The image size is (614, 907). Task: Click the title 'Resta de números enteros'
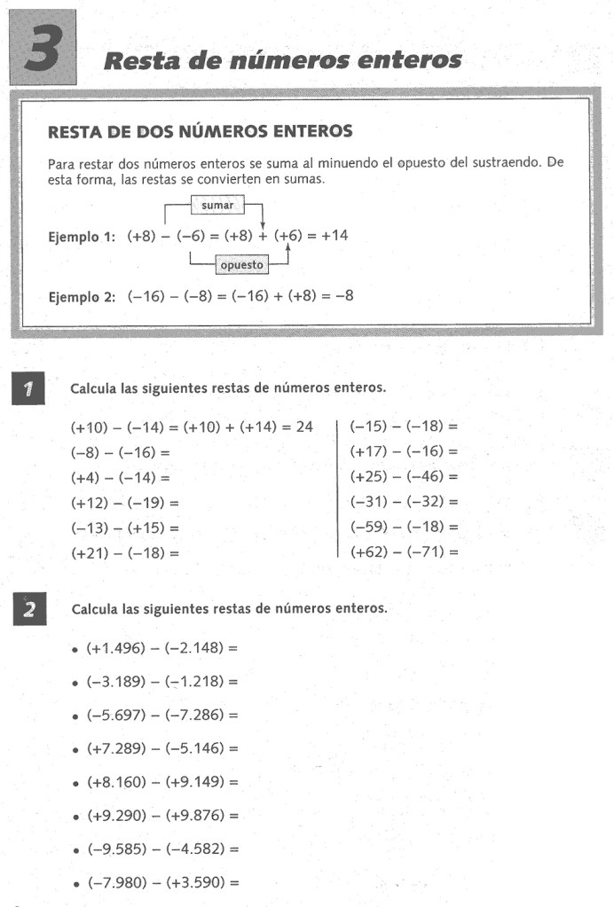click(x=283, y=60)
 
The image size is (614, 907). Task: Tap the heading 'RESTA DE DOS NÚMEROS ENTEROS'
click(x=200, y=132)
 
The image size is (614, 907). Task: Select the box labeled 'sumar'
click(x=217, y=205)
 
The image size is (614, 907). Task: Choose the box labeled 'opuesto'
click(x=241, y=264)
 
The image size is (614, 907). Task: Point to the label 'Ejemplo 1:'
click(x=82, y=238)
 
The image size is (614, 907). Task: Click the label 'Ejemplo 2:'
click(x=82, y=297)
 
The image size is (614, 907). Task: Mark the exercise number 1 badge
click(x=29, y=387)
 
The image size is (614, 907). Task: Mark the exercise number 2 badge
click(x=29, y=610)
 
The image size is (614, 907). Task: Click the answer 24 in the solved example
click(x=304, y=427)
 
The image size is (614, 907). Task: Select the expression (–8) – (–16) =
click(x=120, y=452)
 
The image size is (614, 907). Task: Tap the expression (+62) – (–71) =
click(x=405, y=551)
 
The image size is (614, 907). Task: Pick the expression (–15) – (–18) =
click(x=405, y=427)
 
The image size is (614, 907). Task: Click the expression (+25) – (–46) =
click(x=405, y=477)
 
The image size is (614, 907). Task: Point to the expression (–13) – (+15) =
click(x=124, y=528)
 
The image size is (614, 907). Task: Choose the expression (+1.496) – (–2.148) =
click(x=162, y=648)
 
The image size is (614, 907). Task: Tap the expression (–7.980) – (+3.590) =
click(x=162, y=883)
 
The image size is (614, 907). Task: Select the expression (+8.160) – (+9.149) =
click(x=162, y=782)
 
